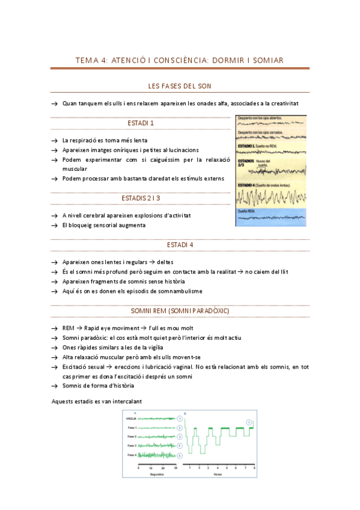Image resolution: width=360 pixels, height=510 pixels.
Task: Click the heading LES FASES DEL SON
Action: pos(180,87)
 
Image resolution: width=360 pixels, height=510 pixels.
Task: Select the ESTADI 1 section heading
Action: pos(141,123)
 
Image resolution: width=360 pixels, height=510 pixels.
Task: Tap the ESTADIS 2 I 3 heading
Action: pos(141,198)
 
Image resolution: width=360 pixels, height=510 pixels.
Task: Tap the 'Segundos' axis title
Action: pos(157,474)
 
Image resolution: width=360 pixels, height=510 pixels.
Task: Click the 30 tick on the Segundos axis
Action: pos(175,467)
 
